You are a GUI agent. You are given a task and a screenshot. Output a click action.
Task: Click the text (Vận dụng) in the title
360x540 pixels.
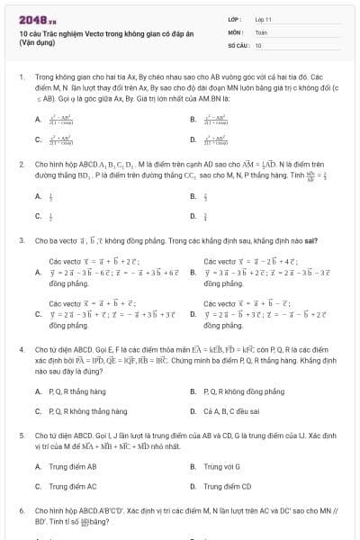[39, 43]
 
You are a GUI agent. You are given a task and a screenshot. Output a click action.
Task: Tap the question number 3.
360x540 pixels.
[21, 241]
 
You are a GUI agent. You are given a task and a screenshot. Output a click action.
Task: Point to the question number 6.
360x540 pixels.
[21, 510]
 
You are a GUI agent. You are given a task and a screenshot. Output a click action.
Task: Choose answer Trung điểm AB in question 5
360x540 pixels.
[72, 466]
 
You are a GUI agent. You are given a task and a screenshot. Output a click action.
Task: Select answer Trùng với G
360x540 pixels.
[221, 466]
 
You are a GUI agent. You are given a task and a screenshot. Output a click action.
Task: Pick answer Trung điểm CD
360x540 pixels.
[227, 486]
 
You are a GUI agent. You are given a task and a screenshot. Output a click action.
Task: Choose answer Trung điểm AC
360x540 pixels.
[72, 486]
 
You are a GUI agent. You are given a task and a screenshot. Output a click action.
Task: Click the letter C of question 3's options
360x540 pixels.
[38, 314]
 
